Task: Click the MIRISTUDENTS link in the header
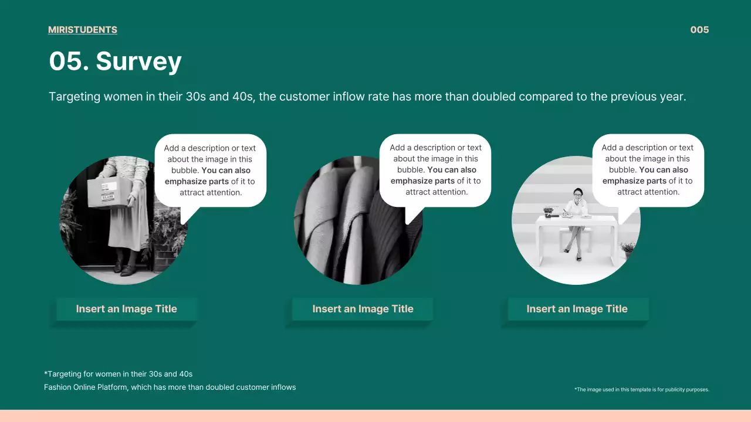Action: [83, 30]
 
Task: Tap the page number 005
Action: [699, 30]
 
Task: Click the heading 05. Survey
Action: [115, 62]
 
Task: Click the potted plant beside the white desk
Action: [627, 249]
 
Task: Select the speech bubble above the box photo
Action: [211, 170]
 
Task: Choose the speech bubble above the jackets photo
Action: [435, 170]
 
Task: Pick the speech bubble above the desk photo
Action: [648, 170]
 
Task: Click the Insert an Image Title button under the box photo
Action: [126, 309]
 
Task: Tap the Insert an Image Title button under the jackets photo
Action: [363, 309]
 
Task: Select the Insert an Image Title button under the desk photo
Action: [577, 309]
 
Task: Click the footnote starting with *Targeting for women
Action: [119, 374]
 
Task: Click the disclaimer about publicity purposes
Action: [642, 389]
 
